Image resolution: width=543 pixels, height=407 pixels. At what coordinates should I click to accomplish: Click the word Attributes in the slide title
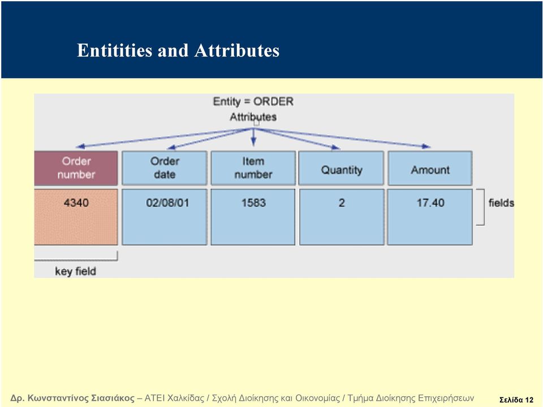pos(237,50)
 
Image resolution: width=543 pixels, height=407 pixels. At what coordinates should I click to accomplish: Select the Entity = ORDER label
pos(253,101)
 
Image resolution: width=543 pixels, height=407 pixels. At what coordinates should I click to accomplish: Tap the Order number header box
pos(76,168)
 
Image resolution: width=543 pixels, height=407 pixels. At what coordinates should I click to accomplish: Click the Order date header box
pos(165,168)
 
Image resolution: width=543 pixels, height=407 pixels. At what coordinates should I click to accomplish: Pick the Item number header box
pos(253,168)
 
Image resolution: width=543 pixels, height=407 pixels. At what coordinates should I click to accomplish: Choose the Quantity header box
pos(342,168)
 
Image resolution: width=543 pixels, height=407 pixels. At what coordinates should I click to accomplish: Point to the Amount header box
pos(430,168)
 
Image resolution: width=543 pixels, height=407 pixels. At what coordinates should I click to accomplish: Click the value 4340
pos(76,202)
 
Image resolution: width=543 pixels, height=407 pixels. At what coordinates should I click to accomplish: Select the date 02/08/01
pos(167,202)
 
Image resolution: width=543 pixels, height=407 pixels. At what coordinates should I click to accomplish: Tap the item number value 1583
pos(253,202)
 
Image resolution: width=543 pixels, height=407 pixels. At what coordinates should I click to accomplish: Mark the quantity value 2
pos(342,203)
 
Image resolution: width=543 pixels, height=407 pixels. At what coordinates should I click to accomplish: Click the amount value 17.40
pos(430,202)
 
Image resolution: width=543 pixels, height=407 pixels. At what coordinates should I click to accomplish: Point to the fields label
pos(501,203)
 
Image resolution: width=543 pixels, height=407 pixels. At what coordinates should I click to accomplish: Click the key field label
pos(75,271)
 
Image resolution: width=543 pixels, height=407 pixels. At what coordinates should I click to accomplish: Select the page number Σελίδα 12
pos(516,400)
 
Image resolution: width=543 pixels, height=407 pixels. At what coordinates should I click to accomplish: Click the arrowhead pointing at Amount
pos(426,146)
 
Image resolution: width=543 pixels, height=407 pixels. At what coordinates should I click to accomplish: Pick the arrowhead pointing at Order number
pos(81,146)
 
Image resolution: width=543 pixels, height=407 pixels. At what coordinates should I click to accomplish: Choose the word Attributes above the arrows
pos(253,117)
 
